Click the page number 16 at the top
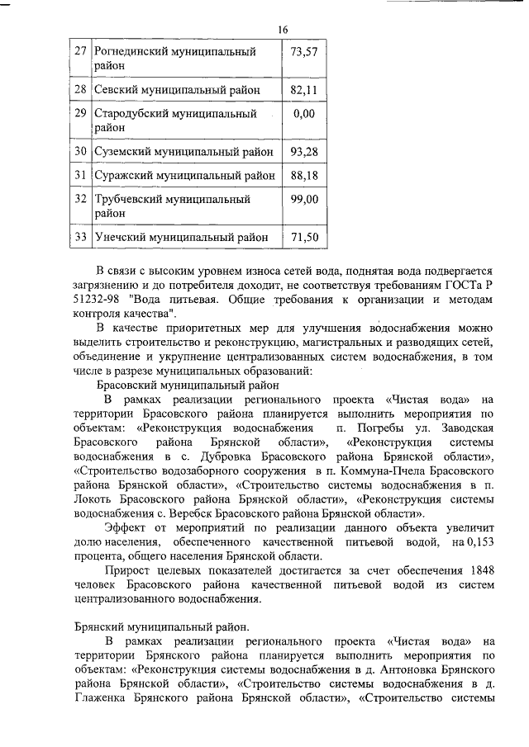pyautogui.click(x=284, y=30)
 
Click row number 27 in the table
pyautogui.click(x=81, y=51)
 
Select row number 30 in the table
pyautogui.click(x=81, y=151)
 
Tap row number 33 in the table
pyautogui.click(x=81, y=238)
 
